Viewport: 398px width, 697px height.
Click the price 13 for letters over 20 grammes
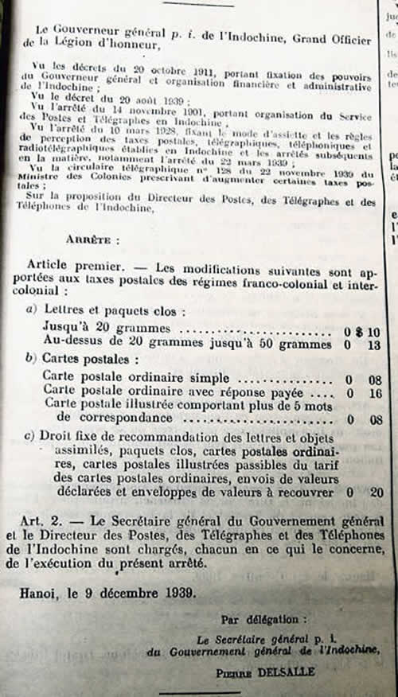coord(375,345)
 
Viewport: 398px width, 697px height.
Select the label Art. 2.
coord(44,520)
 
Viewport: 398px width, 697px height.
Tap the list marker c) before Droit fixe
coord(32,436)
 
